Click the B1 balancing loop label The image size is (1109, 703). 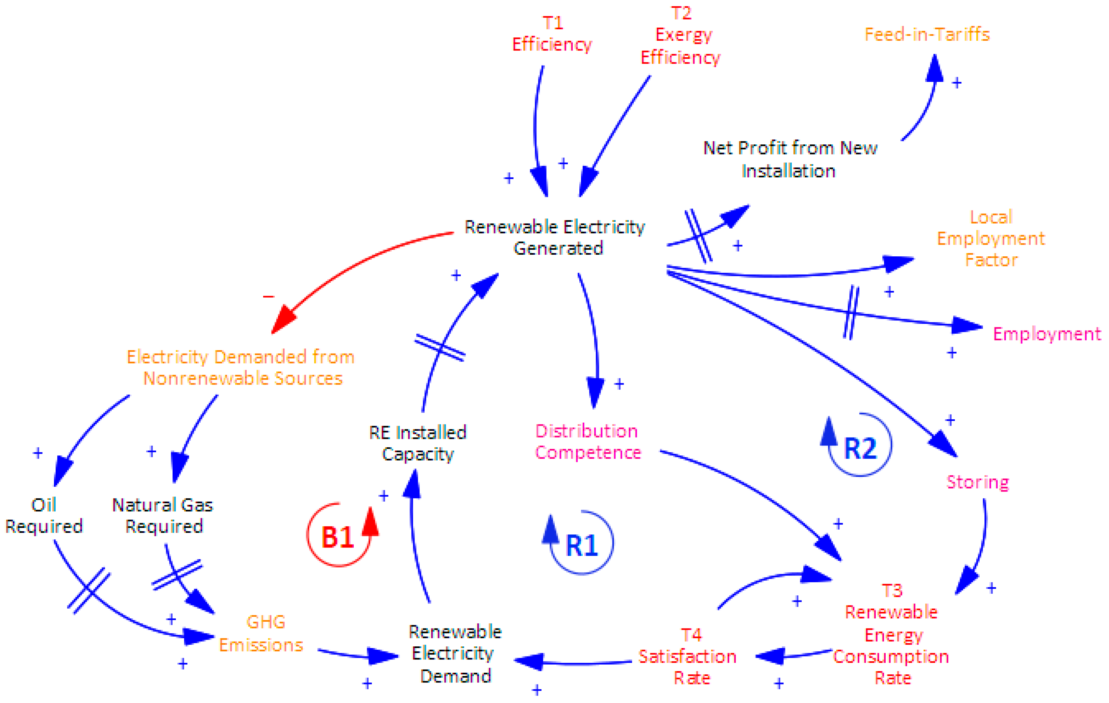coord(337,537)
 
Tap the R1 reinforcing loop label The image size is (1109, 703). coord(581,546)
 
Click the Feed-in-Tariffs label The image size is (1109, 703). coord(927,34)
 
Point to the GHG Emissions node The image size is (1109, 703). coord(261,633)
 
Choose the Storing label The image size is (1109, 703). coord(977,482)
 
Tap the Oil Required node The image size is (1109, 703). coord(44,516)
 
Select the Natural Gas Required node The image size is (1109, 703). coord(163,516)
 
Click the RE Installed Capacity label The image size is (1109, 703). coord(418,443)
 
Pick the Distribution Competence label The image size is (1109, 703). coord(587,442)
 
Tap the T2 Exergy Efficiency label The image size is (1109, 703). coord(681,36)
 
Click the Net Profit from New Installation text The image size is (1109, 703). coord(790,159)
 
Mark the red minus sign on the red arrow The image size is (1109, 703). coord(269,297)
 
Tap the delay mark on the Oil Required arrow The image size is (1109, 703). coord(89,590)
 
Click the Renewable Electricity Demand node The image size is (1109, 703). coord(455,654)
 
